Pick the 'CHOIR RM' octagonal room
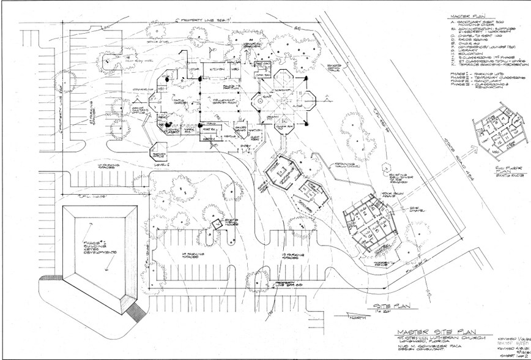point(288,126)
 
